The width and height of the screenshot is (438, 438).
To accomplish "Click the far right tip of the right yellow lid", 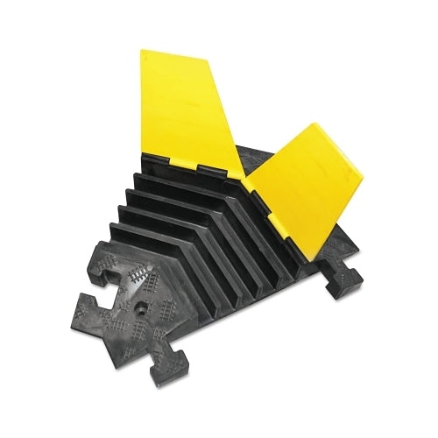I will pyautogui.click(x=363, y=187).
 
